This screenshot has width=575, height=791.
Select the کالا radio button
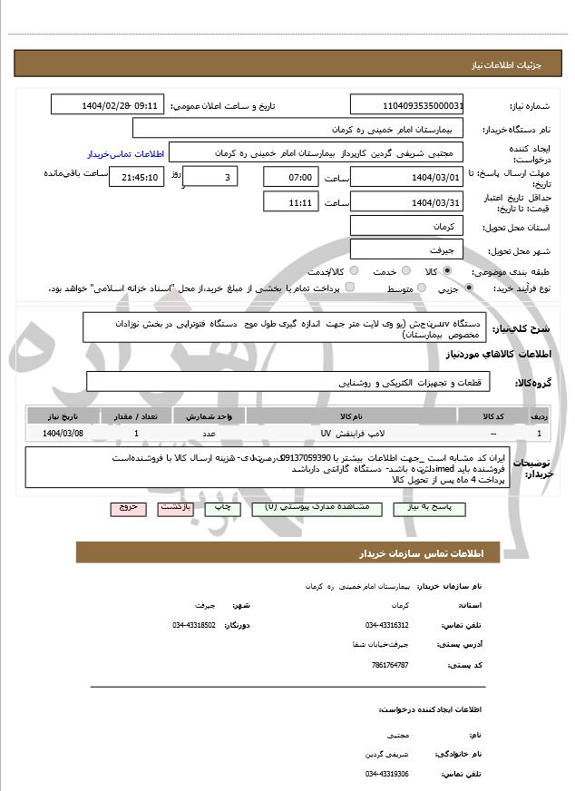tap(447, 271)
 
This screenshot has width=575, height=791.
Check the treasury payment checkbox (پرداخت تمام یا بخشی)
tap(350, 288)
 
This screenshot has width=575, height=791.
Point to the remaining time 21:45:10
tap(136, 177)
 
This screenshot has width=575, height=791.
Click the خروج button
tap(128, 508)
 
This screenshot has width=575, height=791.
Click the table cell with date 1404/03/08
tap(62, 434)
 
